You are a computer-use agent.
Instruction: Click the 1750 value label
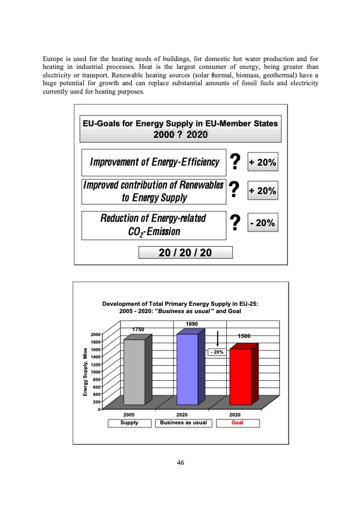click(x=139, y=329)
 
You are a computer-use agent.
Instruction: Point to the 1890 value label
click(x=192, y=324)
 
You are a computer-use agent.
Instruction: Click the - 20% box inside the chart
click(x=217, y=351)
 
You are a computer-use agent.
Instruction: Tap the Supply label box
click(x=128, y=423)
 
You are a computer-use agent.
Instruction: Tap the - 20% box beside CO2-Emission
click(x=263, y=223)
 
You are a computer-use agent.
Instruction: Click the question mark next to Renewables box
click(x=235, y=191)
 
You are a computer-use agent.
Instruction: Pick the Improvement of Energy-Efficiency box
click(x=154, y=161)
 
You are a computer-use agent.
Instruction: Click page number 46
click(x=180, y=463)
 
